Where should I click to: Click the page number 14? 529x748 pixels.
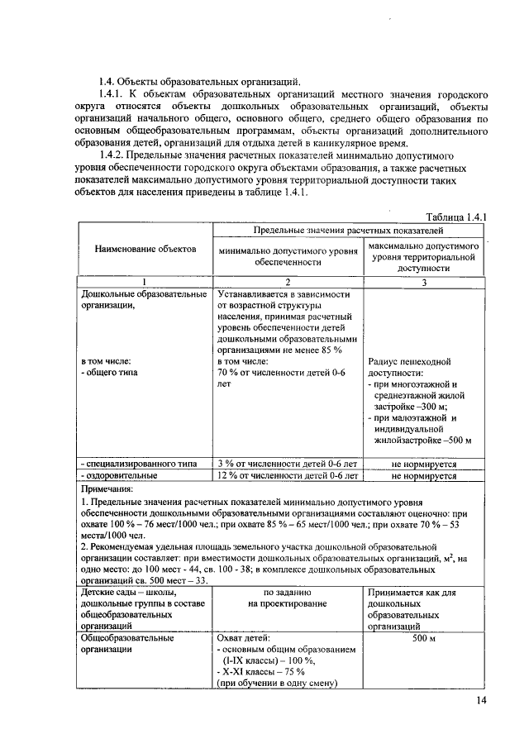pos(482,703)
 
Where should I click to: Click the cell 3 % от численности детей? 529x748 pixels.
pos(287,464)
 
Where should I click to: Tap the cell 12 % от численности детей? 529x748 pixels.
pos(287,476)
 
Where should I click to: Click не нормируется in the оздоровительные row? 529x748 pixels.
pos(424,476)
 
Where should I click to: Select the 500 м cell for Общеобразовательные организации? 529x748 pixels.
pos(424,638)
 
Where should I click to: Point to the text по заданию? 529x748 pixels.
pos(287,593)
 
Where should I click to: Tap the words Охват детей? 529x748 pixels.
pos(244,638)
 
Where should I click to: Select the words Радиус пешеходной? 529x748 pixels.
pos(407,362)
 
